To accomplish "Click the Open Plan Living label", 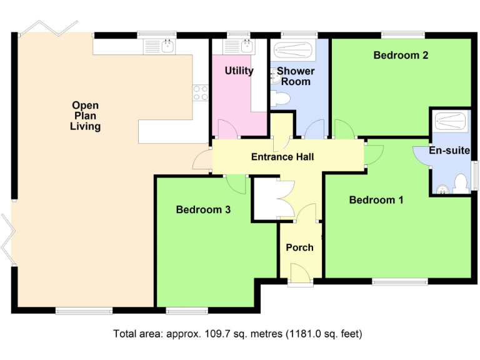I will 85,116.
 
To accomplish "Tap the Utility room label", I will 239,71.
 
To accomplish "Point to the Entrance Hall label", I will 282,157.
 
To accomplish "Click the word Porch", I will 299,247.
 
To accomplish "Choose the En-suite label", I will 449,151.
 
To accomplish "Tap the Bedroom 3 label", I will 203,210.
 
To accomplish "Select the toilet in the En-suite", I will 461,183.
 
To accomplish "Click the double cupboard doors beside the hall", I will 284,199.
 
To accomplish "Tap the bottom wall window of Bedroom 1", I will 400,282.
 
